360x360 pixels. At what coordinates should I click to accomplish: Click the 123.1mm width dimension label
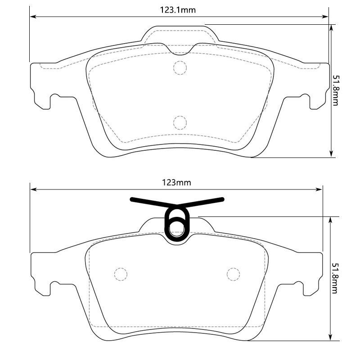pyautogui.click(x=178, y=10)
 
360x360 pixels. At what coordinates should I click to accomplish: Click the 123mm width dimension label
pyautogui.click(x=176, y=183)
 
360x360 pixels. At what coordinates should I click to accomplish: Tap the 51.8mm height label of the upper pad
pyautogui.click(x=335, y=90)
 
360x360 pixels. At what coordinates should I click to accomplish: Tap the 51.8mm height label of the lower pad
pyautogui.click(x=334, y=278)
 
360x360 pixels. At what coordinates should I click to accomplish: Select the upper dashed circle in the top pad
pyautogui.click(x=180, y=68)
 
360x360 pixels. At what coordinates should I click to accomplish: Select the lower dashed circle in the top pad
pyautogui.click(x=180, y=122)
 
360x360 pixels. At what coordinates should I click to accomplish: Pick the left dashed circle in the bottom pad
pyautogui.click(x=121, y=274)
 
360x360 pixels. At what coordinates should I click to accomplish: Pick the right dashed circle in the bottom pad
pyautogui.click(x=233, y=274)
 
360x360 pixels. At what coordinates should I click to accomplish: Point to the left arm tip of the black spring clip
pyautogui.click(x=131, y=199)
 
